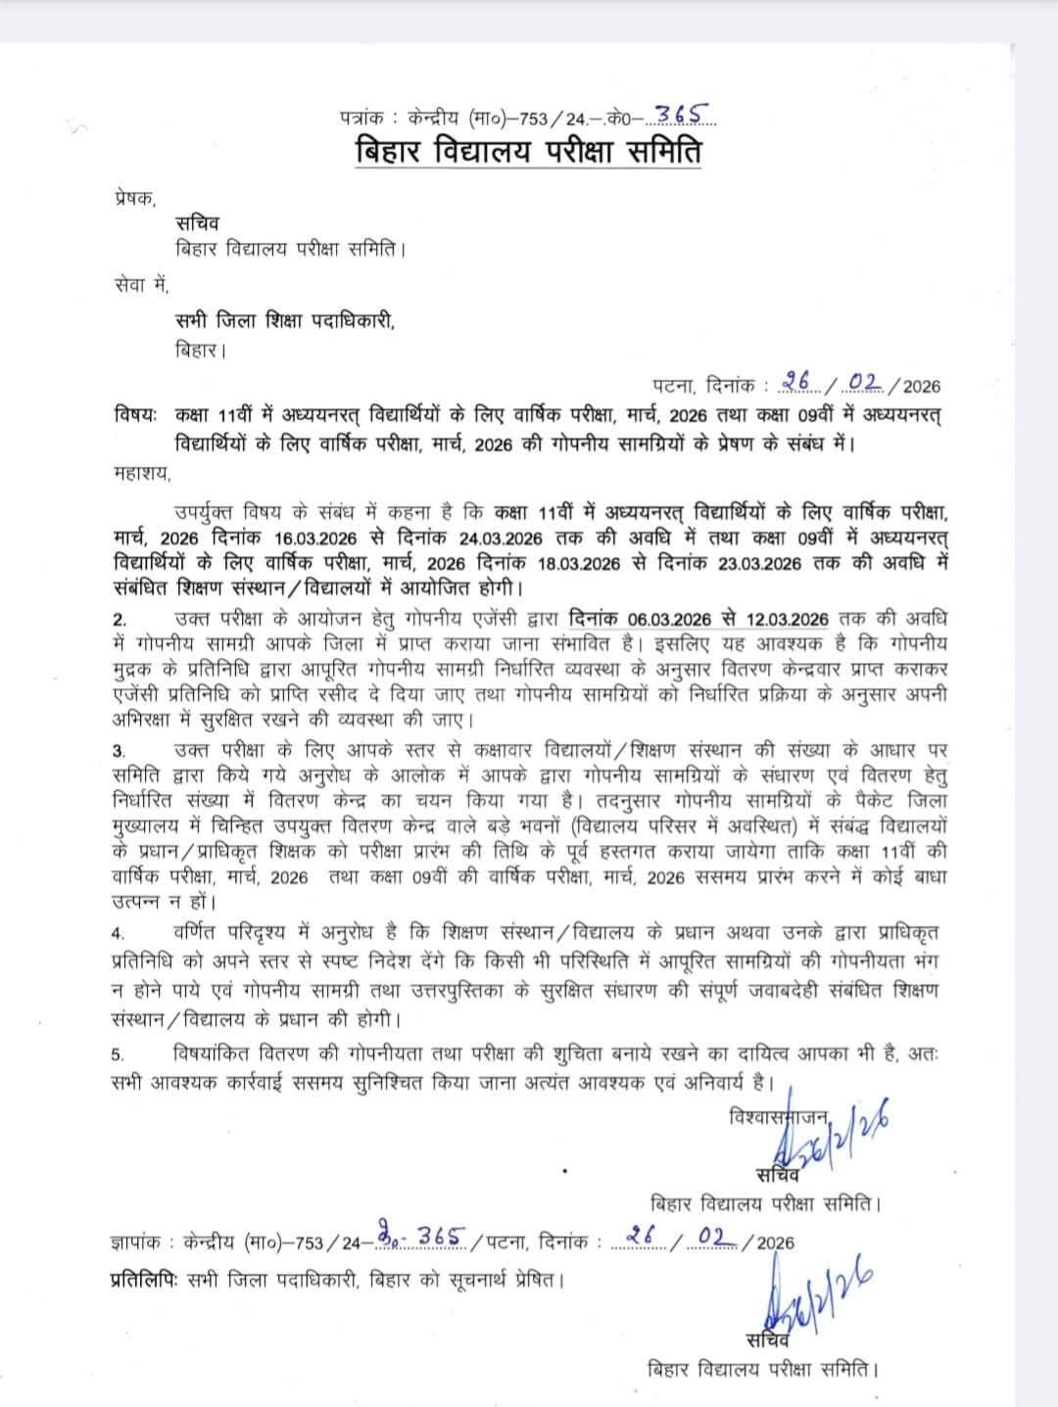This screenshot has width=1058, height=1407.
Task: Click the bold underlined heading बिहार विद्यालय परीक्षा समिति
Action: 528,154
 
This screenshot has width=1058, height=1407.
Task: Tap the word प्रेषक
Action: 132,198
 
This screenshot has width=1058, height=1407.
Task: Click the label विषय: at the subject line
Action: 135,414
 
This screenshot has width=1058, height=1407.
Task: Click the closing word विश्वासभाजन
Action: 780,1116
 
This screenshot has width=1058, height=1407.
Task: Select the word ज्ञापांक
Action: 135,1243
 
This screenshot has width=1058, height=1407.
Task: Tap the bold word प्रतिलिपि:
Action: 140,1279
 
